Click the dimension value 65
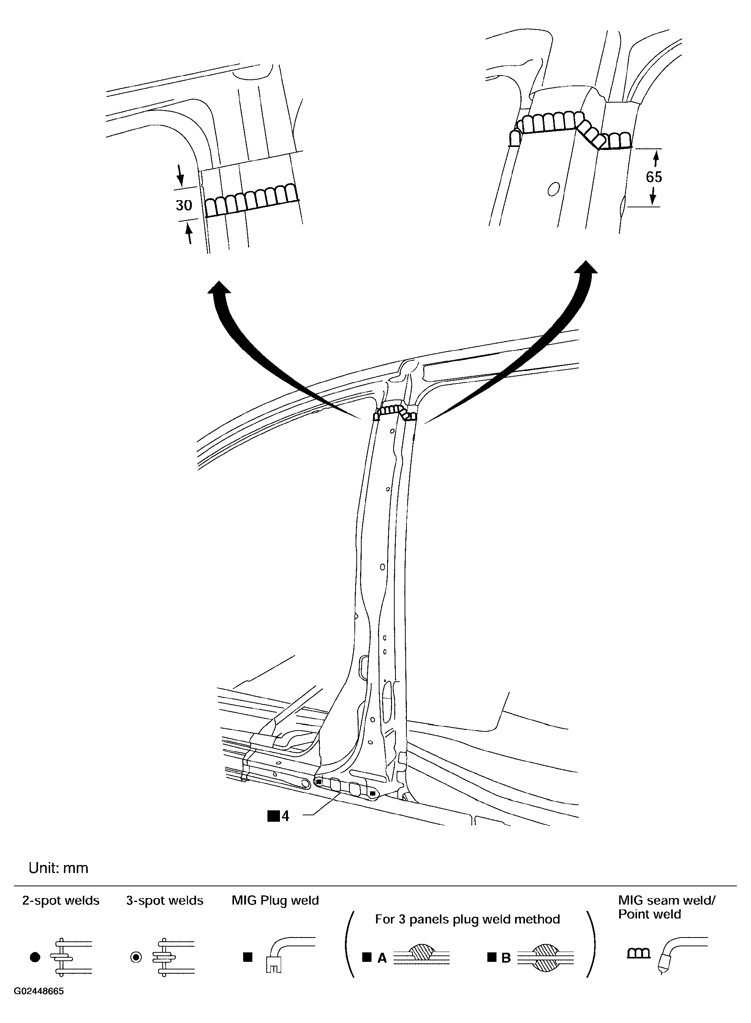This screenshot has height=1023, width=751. (654, 177)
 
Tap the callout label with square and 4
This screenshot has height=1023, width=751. (278, 816)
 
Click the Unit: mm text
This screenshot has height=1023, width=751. (58, 868)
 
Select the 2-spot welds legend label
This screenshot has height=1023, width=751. (61, 900)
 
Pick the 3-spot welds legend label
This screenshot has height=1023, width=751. (164, 900)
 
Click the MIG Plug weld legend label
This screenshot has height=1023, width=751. (275, 900)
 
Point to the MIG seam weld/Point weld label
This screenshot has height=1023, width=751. (666, 907)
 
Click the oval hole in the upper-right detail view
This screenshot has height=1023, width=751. (553, 189)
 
